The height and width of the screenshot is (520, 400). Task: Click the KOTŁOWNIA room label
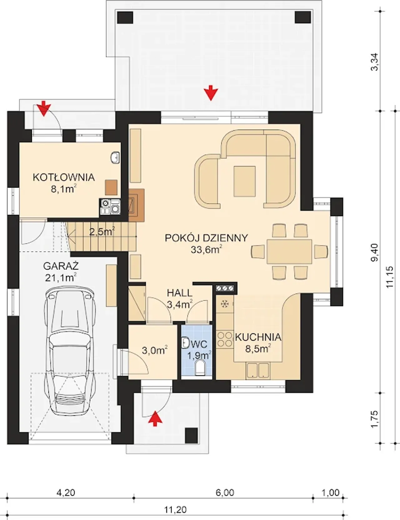[64, 177]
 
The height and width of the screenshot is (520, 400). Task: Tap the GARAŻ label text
[61, 266]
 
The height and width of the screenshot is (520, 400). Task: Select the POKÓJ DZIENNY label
[206, 238]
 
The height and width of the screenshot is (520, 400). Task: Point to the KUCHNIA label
[258, 337]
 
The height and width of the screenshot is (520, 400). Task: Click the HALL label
[180, 293]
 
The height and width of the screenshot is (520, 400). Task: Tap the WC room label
[200, 345]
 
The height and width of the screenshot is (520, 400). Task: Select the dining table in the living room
[289, 251]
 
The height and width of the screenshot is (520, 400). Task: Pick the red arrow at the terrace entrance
[211, 93]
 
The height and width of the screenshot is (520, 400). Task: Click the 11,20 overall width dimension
[175, 510]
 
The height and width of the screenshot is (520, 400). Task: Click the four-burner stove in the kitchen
[224, 339]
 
